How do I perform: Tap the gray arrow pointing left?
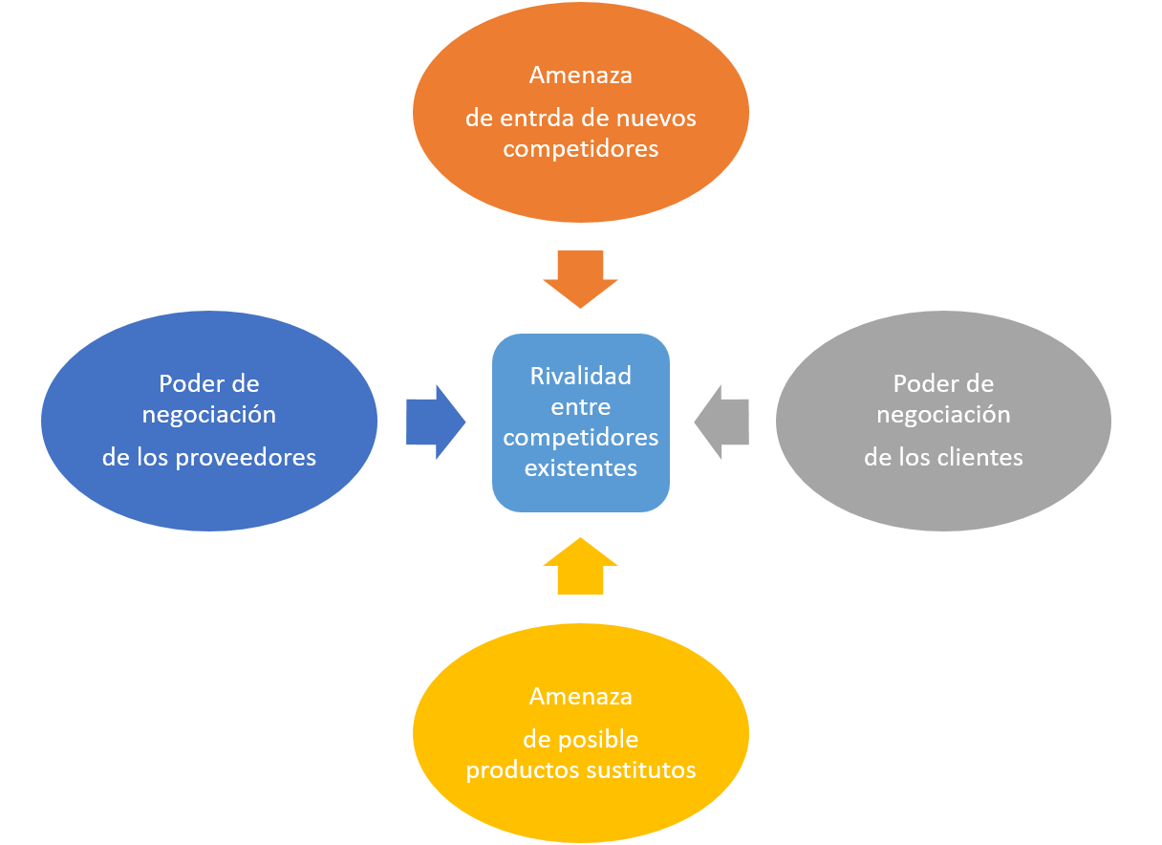click(722, 422)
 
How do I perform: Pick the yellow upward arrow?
click(580, 567)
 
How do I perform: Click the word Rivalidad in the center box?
click(580, 376)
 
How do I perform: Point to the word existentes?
click(580, 468)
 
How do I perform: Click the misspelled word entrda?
click(537, 119)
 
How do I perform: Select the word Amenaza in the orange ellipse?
click(580, 75)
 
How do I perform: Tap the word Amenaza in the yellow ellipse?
click(580, 696)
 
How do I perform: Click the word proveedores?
click(246, 458)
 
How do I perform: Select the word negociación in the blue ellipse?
click(208, 415)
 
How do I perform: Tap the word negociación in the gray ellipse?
click(942, 415)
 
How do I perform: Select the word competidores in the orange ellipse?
click(580, 149)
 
